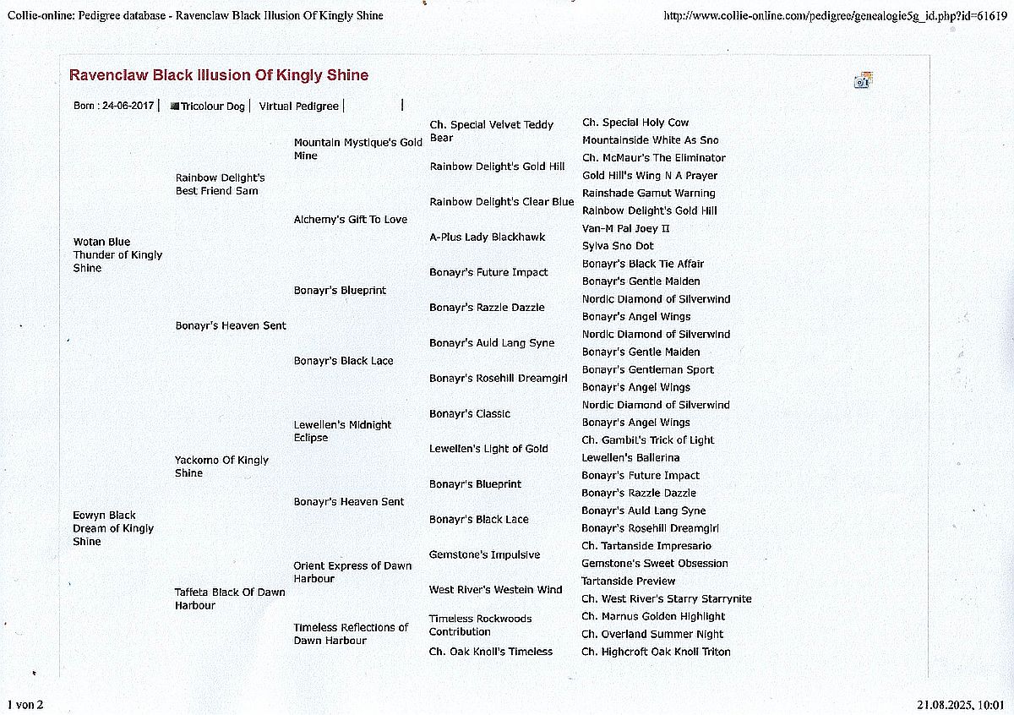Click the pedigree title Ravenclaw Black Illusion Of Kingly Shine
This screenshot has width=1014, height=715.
pos(218,75)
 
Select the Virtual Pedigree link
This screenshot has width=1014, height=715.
pos(298,106)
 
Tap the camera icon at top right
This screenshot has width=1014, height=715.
pos(863,80)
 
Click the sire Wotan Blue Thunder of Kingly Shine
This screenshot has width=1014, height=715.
pos(117,254)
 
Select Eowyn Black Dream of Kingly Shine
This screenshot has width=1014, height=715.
pos(113,528)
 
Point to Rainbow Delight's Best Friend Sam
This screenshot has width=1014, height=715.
pos(220,184)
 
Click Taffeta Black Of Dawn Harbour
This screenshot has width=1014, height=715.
pos(230,598)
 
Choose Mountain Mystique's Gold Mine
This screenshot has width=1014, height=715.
pos(357,149)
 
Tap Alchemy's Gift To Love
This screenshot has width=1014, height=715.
pos(350,220)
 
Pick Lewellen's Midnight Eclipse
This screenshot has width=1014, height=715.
pos(342,431)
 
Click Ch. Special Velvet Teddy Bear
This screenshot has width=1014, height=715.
pos(491,131)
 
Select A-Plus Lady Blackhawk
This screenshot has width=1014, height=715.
pos(487,237)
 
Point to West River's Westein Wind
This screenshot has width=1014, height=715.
pos(495,590)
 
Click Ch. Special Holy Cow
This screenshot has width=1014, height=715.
pos(635,123)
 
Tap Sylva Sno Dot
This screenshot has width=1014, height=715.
pos(618,246)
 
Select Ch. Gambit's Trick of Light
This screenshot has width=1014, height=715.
pos(647,440)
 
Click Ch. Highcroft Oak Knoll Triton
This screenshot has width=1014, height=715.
pos(656,652)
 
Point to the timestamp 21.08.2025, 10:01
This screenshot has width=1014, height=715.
pos(961,704)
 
